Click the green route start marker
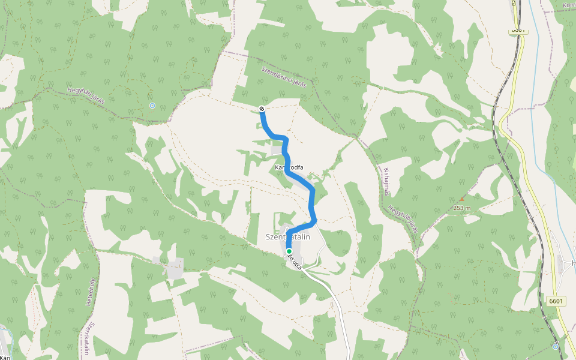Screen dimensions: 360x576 point(289,251)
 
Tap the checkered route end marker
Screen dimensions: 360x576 point(262,108)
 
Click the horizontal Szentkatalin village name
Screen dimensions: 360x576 point(288,237)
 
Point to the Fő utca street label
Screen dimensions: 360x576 point(295,262)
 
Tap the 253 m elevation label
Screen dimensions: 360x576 point(462,208)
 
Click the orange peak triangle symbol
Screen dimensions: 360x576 point(461,199)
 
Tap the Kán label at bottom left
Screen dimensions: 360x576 point(5,357)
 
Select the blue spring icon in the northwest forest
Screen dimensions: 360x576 point(152,106)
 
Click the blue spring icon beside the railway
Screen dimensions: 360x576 point(556,346)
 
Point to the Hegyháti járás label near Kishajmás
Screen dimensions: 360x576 point(403,218)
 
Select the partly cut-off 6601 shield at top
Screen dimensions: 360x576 point(518,29)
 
